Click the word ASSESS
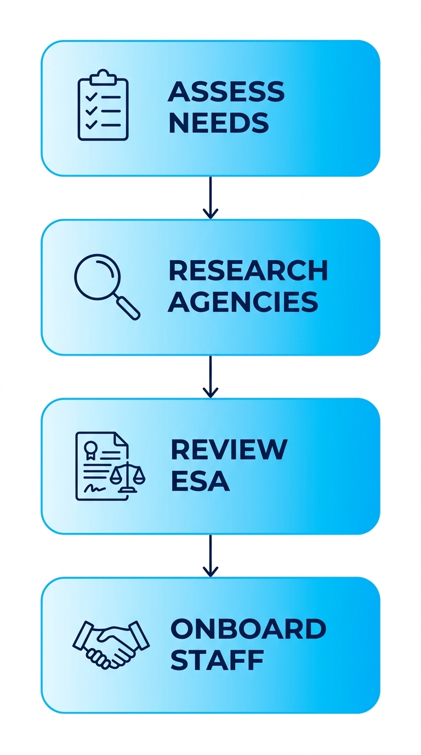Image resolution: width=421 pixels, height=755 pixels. [x=226, y=92]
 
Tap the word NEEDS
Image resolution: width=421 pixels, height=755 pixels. [x=218, y=123]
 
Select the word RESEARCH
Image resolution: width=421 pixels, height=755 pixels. [x=248, y=271]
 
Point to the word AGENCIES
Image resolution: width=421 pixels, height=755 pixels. [x=243, y=302]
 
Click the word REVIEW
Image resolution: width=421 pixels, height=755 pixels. [x=229, y=450]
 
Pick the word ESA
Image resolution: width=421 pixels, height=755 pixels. [x=200, y=481]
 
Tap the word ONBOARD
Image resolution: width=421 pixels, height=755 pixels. [x=248, y=629]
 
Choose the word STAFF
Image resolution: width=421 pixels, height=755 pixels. [x=217, y=660]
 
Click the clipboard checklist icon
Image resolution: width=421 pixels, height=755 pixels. [x=103, y=106]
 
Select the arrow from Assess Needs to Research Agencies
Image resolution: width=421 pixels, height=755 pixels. [x=210, y=198]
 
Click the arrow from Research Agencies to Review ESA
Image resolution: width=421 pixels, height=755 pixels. [x=210, y=377]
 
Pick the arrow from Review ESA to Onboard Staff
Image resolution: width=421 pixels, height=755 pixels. [x=210, y=556]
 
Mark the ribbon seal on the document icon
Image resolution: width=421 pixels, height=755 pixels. [x=89, y=448]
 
